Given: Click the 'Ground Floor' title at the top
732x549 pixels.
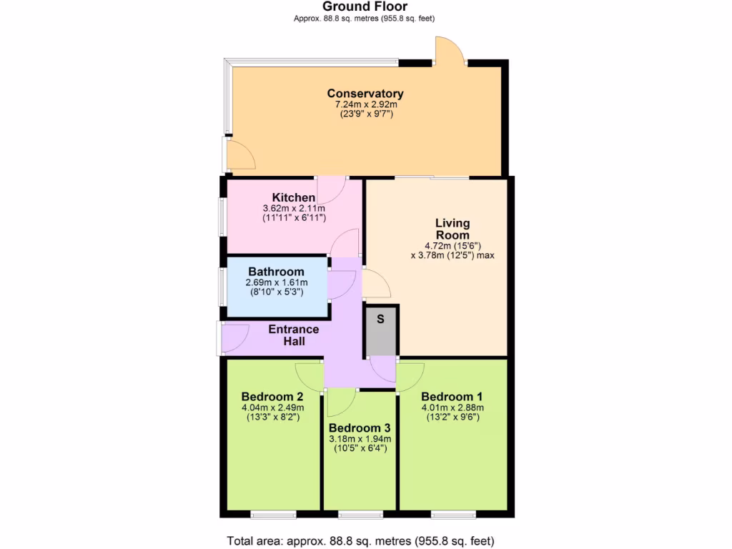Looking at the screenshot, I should point(365,7).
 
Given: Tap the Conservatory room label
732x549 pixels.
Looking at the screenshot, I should point(365,94).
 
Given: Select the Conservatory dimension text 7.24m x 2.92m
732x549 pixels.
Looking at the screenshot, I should point(365,105).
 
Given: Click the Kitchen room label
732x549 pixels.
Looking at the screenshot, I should point(294,198).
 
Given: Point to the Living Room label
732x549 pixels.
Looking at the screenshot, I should point(452,229).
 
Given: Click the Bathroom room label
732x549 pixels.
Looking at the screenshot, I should point(276,272).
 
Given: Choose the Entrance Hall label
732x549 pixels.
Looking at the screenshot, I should point(294,335).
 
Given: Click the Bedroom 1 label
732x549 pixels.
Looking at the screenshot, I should point(447,397).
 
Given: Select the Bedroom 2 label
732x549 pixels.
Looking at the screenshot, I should point(272,397).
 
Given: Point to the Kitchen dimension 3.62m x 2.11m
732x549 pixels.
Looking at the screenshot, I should point(294,209).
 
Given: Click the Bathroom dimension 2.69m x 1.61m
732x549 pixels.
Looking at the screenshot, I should point(276,282).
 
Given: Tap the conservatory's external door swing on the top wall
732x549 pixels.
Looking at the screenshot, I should point(450,51).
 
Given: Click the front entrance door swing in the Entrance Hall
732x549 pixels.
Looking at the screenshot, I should point(234,337).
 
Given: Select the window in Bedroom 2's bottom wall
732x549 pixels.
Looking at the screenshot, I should point(273,514).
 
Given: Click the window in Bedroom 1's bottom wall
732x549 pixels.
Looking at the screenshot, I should point(453,514).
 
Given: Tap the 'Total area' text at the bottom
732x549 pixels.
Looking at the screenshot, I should point(360,540).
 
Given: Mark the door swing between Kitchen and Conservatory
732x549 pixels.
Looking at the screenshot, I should point(331,189).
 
